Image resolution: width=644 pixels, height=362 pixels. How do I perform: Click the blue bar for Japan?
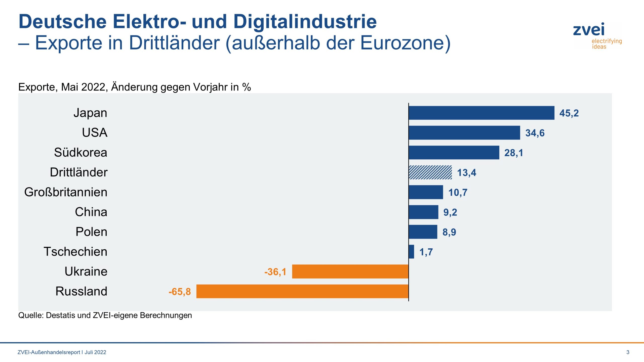click(481, 113)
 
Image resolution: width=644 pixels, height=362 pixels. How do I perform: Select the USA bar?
click(464, 133)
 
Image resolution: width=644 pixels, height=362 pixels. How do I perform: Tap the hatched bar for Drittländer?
click(430, 172)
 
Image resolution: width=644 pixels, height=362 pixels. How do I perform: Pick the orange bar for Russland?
click(302, 291)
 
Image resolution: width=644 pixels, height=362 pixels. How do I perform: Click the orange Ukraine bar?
click(350, 271)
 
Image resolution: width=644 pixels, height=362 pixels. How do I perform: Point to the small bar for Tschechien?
click(411, 252)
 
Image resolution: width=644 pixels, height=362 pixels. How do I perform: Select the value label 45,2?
click(569, 113)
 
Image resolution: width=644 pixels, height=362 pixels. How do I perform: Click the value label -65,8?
click(180, 292)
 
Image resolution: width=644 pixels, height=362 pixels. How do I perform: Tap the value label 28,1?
click(513, 153)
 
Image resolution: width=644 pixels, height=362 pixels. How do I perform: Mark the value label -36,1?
click(275, 272)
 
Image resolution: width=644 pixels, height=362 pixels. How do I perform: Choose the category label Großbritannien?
click(66, 192)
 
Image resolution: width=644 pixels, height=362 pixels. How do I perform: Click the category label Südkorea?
click(80, 152)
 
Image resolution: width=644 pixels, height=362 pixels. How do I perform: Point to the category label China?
click(91, 212)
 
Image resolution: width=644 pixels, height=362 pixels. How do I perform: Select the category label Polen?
click(91, 232)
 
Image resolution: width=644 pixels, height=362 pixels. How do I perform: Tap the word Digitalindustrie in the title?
click(305, 22)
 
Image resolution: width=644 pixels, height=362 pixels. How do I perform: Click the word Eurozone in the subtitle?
click(403, 43)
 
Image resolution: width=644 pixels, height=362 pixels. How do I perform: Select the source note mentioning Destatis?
click(105, 315)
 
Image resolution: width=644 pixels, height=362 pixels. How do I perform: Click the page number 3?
click(628, 352)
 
